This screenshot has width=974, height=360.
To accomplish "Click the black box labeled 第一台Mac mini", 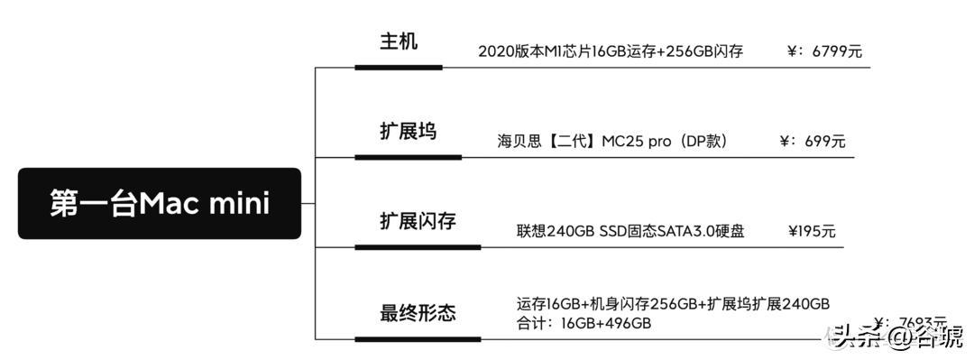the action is point(160,203).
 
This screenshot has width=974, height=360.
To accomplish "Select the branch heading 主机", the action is point(398,42).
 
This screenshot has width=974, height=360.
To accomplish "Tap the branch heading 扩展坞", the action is point(408,132).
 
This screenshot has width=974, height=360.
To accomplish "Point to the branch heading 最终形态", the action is point(417,313).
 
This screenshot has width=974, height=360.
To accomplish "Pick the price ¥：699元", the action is point(812,142).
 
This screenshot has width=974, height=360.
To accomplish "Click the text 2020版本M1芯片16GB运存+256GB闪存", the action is point(611,51).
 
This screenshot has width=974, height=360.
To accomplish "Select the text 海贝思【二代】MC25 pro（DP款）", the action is point(612,142).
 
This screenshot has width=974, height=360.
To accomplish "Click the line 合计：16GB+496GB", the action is point(583,322).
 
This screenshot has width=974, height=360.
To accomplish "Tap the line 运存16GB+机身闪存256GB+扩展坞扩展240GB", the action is point(673,303).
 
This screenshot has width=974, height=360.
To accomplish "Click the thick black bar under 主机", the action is point(398,67).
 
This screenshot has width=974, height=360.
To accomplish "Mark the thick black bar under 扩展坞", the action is point(408,157).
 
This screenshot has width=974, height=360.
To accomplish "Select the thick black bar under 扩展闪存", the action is point(417,247).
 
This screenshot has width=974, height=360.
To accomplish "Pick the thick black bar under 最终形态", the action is point(417,339).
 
